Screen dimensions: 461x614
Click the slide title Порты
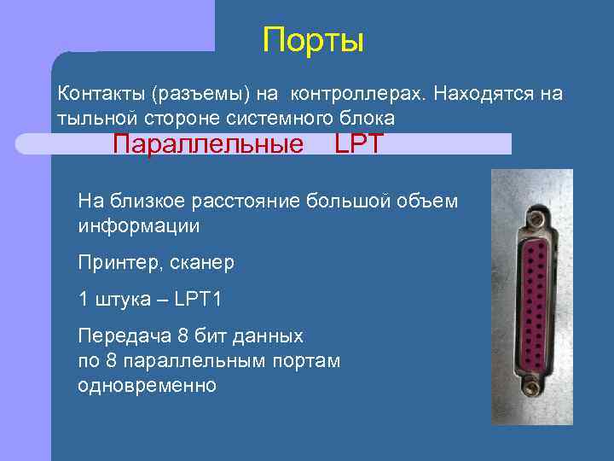click(x=313, y=40)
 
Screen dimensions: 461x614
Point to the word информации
click(x=138, y=226)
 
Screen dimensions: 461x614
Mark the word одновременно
click(x=147, y=385)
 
